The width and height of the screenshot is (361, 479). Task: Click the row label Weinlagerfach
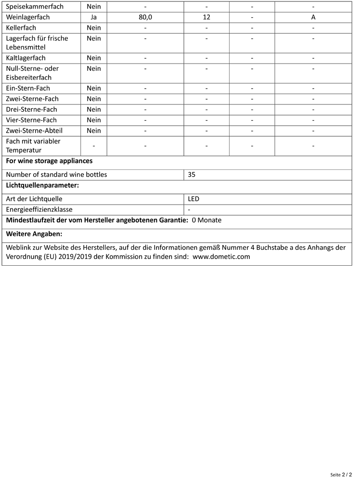(x=28, y=17)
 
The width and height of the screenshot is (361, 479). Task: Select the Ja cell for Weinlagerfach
(x=94, y=17)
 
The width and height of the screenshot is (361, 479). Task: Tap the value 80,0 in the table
(x=145, y=17)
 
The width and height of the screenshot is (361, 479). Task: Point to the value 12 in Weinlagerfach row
(x=206, y=17)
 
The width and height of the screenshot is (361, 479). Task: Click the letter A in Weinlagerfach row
(x=313, y=17)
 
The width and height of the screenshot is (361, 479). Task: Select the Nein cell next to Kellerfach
(x=94, y=28)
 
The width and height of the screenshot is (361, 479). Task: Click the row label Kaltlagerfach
(x=26, y=58)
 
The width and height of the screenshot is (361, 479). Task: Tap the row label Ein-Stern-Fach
(x=28, y=88)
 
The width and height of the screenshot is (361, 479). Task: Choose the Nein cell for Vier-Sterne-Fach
(x=94, y=120)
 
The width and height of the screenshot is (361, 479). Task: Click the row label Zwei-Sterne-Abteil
(x=34, y=130)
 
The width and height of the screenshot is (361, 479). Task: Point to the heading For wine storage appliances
(x=49, y=161)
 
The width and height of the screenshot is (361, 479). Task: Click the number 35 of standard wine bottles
(x=192, y=175)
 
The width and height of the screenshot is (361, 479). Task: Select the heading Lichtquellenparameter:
(x=42, y=185)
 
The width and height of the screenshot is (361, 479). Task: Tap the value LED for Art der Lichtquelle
(x=193, y=199)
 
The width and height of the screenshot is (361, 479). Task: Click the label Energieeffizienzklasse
(x=39, y=210)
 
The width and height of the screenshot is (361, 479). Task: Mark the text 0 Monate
(x=206, y=220)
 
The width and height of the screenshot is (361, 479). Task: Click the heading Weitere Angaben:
(x=34, y=234)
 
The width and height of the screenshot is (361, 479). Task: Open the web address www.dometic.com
(x=221, y=257)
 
